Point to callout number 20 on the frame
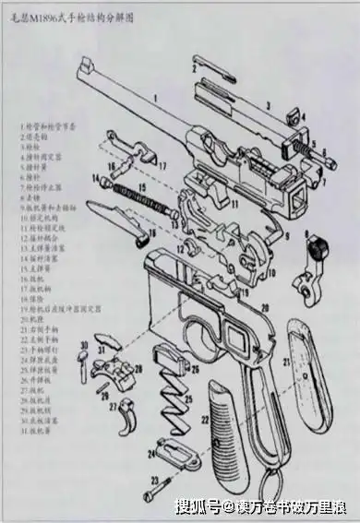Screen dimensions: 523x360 264,305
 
